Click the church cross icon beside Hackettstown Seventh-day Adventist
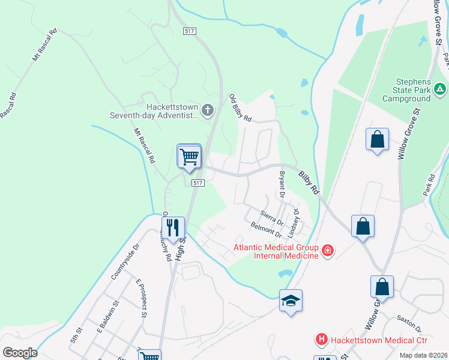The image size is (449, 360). point(207,110)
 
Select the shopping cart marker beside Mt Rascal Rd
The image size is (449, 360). point(189,156)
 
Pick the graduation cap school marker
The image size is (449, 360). point(291,301)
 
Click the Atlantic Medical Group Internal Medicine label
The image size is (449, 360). point(276,251)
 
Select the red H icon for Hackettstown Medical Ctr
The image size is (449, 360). point(322,340)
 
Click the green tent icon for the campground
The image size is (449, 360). point(440,89)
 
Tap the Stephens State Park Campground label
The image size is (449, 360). point(414,89)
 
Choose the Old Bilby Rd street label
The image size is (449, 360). point(240,107)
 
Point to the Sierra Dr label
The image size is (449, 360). point(271,217)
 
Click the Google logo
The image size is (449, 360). point(20,353)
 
